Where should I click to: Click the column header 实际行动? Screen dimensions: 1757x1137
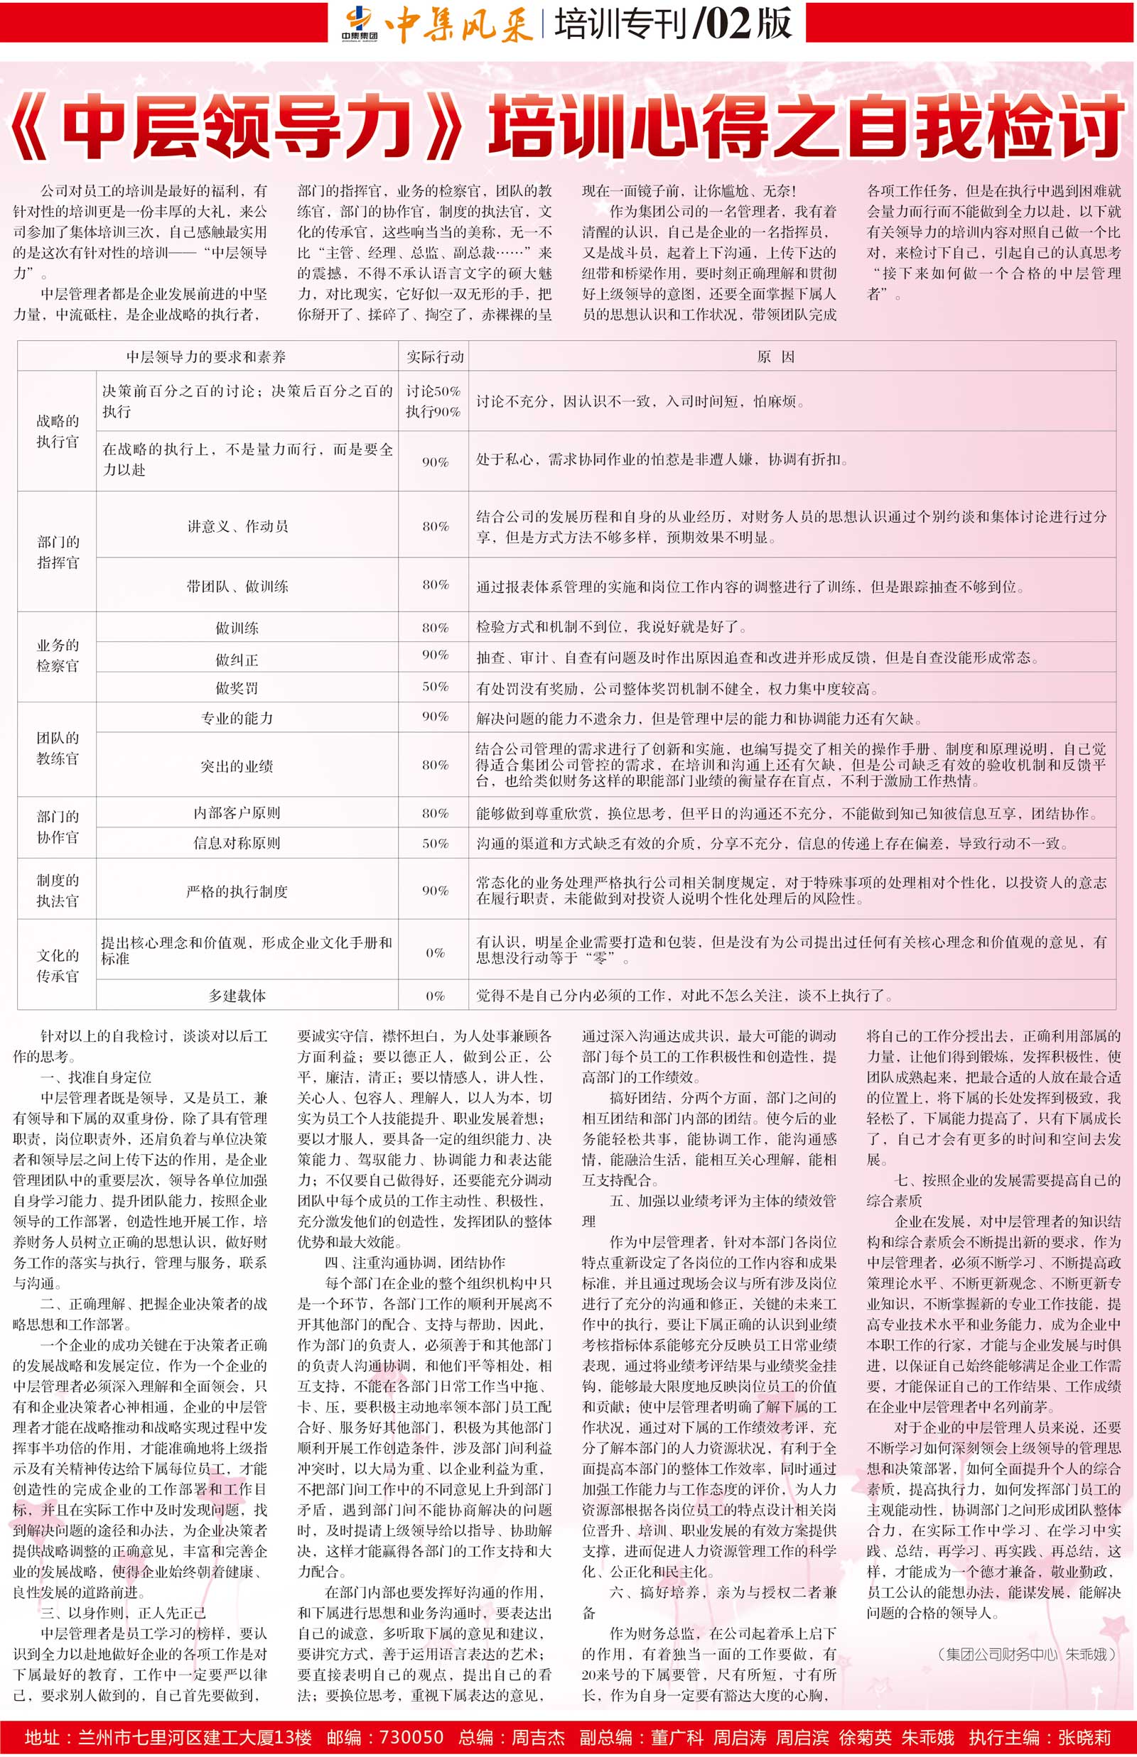435,357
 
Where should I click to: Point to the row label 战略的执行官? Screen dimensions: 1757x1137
57,431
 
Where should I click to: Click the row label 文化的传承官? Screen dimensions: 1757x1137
57,965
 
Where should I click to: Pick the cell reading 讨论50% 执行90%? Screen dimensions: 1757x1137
433,401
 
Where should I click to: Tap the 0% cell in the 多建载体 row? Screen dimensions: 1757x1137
435,996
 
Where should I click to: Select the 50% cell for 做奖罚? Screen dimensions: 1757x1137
435,687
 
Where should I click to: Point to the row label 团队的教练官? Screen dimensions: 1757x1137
57,749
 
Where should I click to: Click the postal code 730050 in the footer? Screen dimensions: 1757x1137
411,1737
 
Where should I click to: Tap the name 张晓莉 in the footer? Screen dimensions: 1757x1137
1084,1737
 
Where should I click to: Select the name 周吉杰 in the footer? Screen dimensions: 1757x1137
537,1737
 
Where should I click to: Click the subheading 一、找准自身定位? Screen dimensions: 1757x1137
96,1077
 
